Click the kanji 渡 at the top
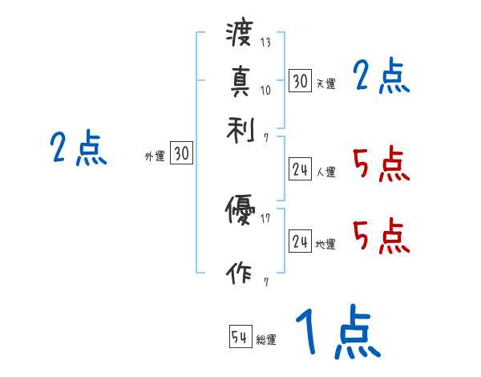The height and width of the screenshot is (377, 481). [239, 34]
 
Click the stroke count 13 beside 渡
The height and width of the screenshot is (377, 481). [265, 43]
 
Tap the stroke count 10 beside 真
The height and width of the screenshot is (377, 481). [265, 89]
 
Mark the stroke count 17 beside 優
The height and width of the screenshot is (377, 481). [265, 217]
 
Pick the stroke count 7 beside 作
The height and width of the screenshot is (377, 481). [265, 282]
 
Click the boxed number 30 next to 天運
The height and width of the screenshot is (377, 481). [300, 80]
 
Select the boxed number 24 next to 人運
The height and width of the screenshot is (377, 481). [300, 168]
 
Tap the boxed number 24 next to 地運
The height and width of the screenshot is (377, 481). [300, 241]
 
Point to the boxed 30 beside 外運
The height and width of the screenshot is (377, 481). [181, 154]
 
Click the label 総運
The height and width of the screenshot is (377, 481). [266, 340]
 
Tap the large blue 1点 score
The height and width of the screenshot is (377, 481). [336, 334]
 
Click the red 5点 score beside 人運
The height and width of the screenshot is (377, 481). [380, 164]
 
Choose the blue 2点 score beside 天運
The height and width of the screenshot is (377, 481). [382, 78]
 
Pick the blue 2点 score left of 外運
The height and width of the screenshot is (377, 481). [78, 148]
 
